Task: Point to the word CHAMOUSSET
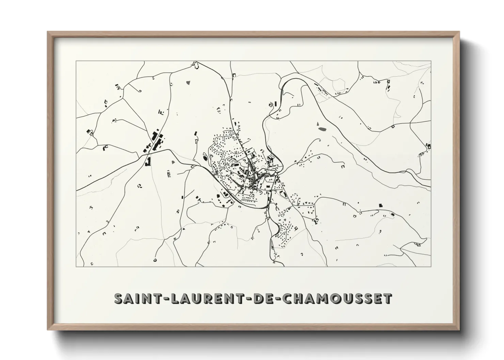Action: point(337,298)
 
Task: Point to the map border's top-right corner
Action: point(431,62)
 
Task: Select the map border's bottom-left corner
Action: point(76,266)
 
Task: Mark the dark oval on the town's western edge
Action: point(205,158)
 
